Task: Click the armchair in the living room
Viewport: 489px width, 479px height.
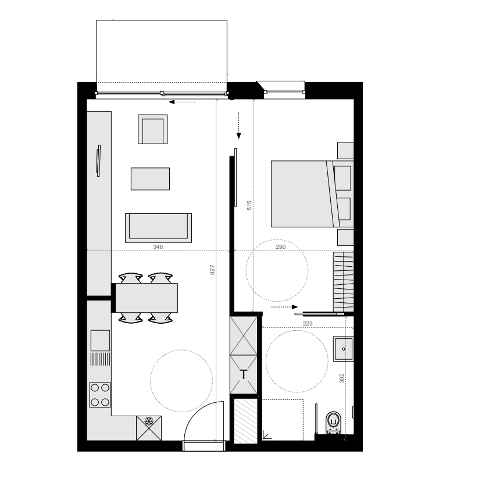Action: pos(153,129)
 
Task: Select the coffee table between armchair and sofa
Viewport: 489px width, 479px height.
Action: pos(150,178)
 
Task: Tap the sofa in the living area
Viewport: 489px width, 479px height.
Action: pos(158,227)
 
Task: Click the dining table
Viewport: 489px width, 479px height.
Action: pos(146,297)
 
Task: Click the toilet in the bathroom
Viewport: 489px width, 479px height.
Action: pos(334,420)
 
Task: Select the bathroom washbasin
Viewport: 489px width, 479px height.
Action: pos(343,349)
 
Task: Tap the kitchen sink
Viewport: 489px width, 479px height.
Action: pos(99,340)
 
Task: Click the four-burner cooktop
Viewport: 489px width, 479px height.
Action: pos(99,394)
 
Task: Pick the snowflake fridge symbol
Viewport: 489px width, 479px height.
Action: pos(148,420)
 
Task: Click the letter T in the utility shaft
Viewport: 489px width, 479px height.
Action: pos(244,374)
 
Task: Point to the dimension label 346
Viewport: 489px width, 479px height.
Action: pos(158,246)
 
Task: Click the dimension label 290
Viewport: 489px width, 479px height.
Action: pos(280,246)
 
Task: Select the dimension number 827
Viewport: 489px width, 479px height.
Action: pos(213,270)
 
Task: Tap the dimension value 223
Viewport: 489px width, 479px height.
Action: pos(308,323)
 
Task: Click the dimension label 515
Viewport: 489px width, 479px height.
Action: pos(249,205)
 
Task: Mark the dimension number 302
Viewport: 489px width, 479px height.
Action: pos(342,377)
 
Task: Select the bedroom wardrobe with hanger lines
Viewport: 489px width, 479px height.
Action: pos(343,281)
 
